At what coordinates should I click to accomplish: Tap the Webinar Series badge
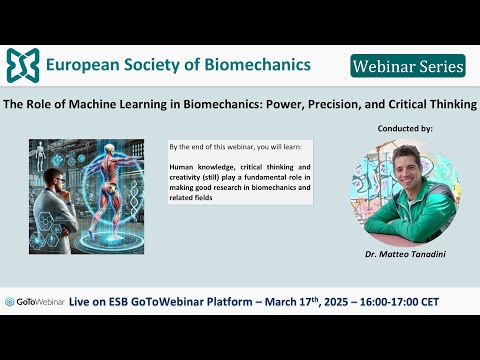[408, 66]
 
